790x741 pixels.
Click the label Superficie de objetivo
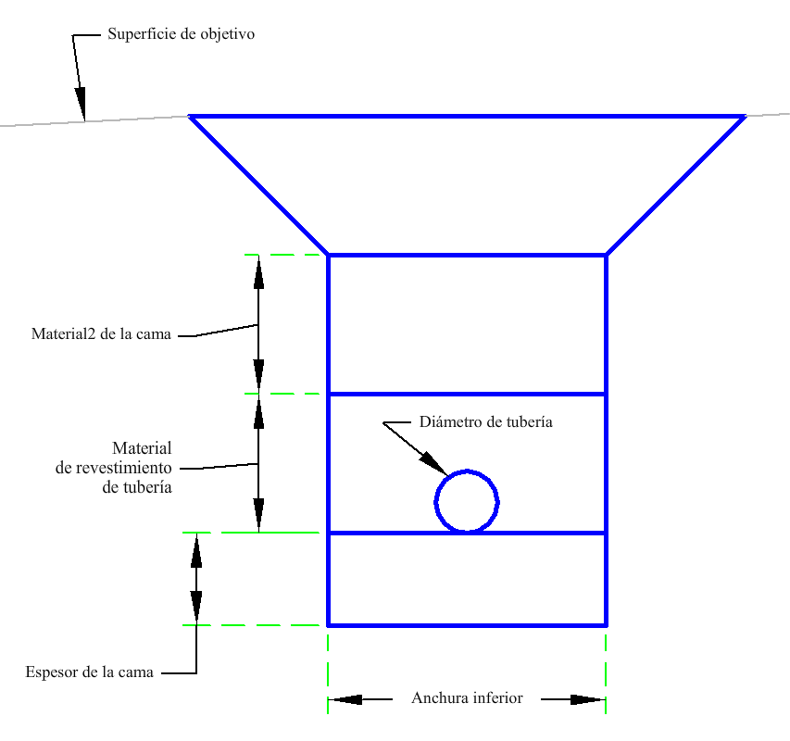coord(181,34)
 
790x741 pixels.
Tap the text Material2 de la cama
coord(101,334)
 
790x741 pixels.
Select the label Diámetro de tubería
coord(485,421)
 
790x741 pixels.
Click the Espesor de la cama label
coord(89,672)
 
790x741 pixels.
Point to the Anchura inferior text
coord(467,697)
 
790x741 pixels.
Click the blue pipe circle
coord(435,502)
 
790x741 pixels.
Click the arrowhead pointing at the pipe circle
coord(433,463)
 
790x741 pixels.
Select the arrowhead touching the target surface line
coord(81,104)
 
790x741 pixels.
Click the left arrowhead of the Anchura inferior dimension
coord(345,699)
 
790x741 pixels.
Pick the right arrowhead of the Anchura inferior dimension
coord(588,699)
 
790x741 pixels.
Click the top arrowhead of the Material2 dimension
coord(259,272)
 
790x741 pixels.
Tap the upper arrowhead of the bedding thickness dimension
coord(196,549)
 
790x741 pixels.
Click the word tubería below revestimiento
coord(137,487)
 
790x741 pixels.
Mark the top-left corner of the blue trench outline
coord(190,117)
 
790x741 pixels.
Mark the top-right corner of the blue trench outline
coord(745,117)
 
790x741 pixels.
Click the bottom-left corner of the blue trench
coord(329,625)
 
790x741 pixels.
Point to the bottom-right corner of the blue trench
coord(606,625)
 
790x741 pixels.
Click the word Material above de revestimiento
coord(142,447)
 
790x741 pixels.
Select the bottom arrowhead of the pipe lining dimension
coord(259,515)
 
